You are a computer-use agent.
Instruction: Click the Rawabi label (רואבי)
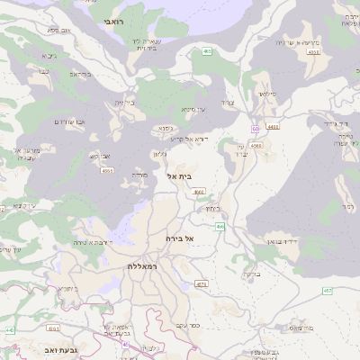[110, 20]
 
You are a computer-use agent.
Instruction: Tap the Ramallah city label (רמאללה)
[143, 266]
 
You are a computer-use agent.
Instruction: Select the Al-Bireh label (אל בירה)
[180, 238]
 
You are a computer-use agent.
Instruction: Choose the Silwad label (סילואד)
[268, 94]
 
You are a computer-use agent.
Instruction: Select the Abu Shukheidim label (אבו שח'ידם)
[69, 121]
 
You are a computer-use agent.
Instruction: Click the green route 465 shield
[207, 52]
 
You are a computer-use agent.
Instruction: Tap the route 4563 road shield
[313, 53]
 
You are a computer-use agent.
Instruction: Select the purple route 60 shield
[255, 129]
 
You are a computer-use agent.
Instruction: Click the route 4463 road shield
[273, 127]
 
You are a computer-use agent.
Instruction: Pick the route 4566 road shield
[256, 145]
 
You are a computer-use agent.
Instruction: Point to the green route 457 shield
[328, 291]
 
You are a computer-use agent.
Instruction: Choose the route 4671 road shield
[201, 283]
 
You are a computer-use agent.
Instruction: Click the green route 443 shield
[10, 331]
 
